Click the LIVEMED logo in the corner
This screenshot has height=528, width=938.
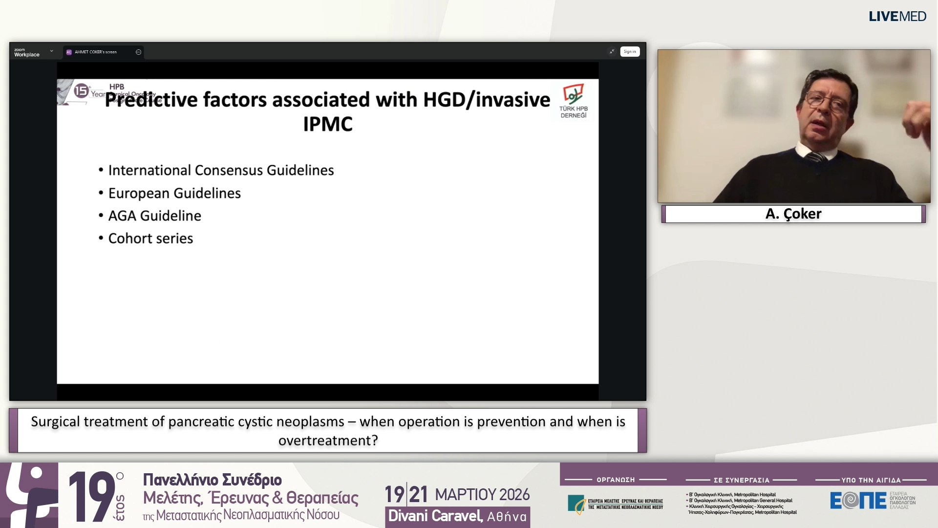(897, 17)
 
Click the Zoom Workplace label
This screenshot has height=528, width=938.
(26, 53)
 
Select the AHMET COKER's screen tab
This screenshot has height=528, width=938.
(96, 52)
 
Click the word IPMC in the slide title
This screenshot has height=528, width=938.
(327, 124)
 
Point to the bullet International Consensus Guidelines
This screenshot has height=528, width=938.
(221, 170)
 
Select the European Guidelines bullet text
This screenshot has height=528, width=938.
(174, 193)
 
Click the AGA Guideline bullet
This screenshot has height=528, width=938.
(154, 216)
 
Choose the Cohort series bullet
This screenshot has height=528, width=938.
(150, 239)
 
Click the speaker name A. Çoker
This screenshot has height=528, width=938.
(793, 214)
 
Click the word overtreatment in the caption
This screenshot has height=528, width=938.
(328, 440)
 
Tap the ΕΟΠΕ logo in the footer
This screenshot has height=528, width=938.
(858, 500)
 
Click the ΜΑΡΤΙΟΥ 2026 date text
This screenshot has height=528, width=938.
(482, 495)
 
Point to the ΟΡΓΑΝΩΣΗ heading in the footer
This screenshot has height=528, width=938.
(616, 480)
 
